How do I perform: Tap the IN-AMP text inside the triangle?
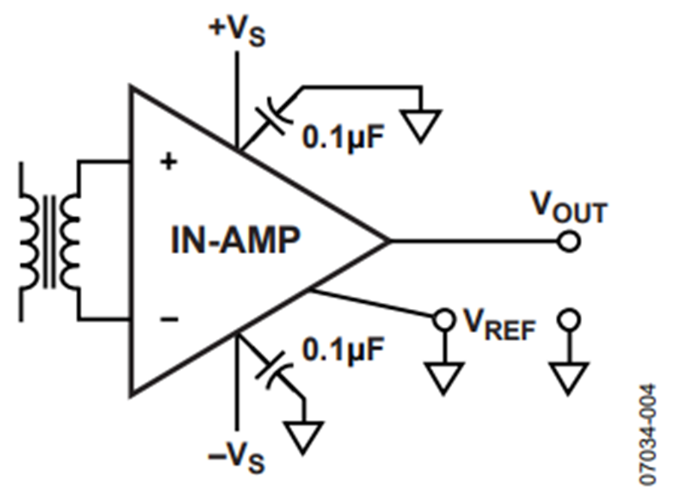pyautogui.click(x=235, y=240)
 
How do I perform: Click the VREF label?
pyautogui.click(x=499, y=325)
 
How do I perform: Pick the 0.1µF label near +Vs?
pyautogui.click(x=343, y=137)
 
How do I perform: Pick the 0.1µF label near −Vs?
pyautogui.click(x=343, y=349)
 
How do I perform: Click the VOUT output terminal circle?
pyautogui.click(x=569, y=241)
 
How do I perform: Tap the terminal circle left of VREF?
pyautogui.click(x=444, y=319)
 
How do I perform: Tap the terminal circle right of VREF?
pyautogui.click(x=569, y=319)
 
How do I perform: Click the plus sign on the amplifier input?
pyautogui.click(x=168, y=162)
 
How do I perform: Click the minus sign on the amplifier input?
pyautogui.click(x=169, y=319)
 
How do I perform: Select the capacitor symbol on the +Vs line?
pyautogui.click(x=273, y=116)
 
